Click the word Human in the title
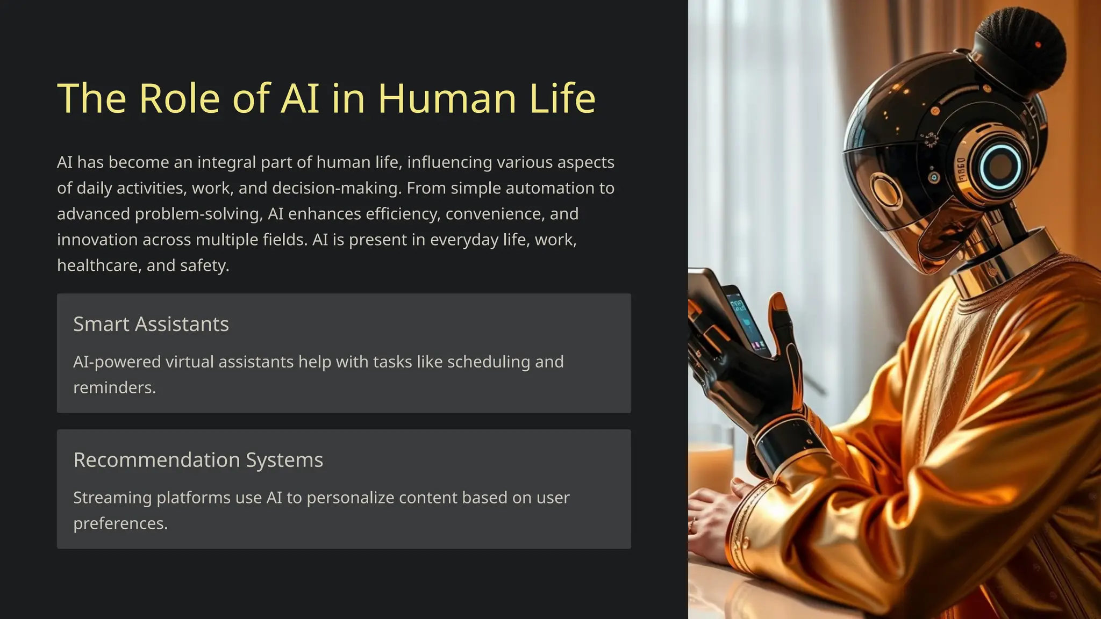click(x=447, y=99)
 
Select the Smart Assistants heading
click(x=151, y=325)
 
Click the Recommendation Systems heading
click(x=198, y=460)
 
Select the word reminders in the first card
click(x=114, y=388)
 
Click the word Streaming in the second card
click(x=112, y=498)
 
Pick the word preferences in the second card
click(x=120, y=524)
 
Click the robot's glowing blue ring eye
click(x=999, y=166)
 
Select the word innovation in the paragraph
click(x=97, y=240)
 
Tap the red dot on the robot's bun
click(x=1038, y=45)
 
